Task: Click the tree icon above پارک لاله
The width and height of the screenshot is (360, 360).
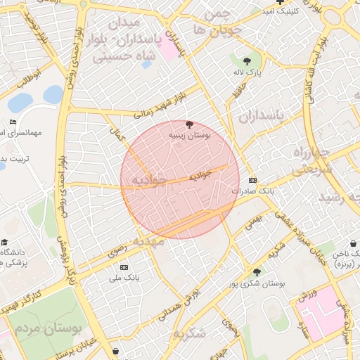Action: point(247,61)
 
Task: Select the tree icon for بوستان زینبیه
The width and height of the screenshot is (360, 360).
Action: point(188,124)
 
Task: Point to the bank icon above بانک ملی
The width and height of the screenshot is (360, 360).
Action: point(124,267)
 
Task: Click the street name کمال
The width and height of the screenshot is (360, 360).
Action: point(117,131)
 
